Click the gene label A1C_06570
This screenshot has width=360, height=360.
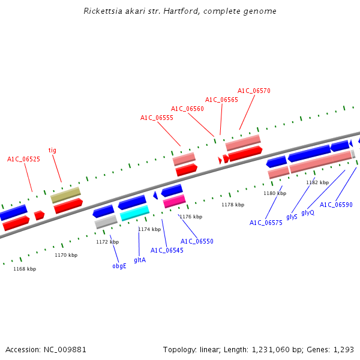click(x=254, y=91)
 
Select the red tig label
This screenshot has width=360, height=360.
click(x=52, y=150)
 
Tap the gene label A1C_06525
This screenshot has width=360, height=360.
click(x=23, y=159)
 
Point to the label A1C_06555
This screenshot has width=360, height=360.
click(x=157, y=118)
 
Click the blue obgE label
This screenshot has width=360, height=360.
click(x=119, y=266)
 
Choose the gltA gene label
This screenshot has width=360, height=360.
click(x=140, y=260)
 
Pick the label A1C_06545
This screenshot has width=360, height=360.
click(x=167, y=250)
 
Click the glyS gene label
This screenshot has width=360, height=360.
click(x=292, y=217)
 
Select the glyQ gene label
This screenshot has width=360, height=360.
click(x=308, y=212)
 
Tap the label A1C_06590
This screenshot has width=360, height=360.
click(x=336, y=205)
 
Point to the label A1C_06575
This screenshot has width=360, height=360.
click(x=266, y=223)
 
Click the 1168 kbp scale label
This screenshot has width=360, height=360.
click(x=25, y=269)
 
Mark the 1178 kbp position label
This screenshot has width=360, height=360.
click(x=233, y=205)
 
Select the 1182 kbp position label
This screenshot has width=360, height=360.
click(x=317, y=182)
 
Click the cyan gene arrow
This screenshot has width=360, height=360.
click(x=134, y=213)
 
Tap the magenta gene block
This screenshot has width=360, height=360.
click(x=174, y=201)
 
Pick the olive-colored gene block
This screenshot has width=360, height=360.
click(x=65, y=194)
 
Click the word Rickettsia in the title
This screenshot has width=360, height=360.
click(x=103, y=11)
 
